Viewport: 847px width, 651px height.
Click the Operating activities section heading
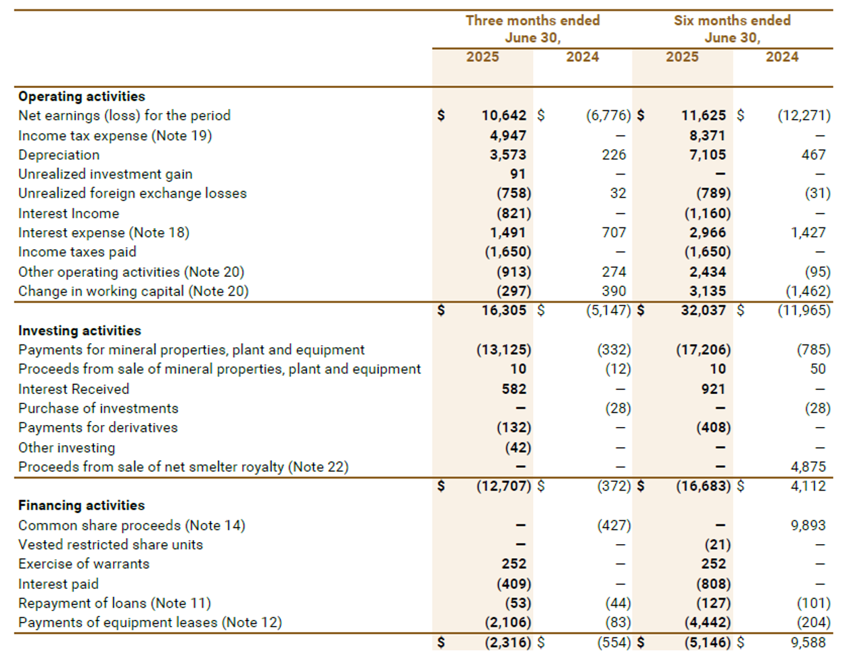click(x=81, y=96)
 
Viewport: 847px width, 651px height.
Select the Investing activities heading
click(x=80, y=330)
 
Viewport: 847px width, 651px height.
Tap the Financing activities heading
click(x=81, y=506)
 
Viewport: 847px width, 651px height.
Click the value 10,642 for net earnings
click(x=504, y=116)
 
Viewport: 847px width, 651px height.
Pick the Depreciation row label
click(x=59, y=155)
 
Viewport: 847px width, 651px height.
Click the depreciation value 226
click(x=614, y=155)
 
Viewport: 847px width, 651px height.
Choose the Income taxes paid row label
click(x=77, y=252)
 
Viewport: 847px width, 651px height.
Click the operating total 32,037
click(x=704, y=311)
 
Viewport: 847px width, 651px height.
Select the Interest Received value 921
click(x=713, y=389)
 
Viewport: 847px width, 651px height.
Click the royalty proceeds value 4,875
click(x=808, y=467)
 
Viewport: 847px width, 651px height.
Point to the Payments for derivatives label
click(x=98, y=428)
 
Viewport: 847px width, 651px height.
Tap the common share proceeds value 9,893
click(x=808, y=525)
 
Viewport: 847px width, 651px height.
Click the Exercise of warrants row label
click(x=84, y=564)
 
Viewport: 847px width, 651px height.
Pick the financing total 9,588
click(x=808, y=642)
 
